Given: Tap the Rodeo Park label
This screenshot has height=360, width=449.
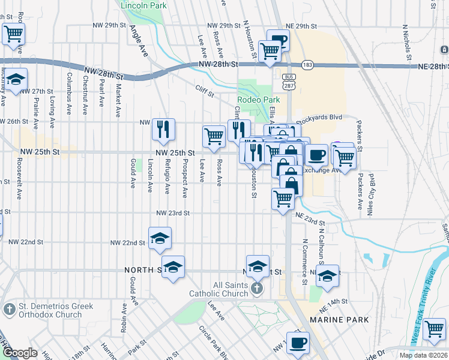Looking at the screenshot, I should [259, 100].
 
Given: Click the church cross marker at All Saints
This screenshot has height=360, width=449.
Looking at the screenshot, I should [257, 289].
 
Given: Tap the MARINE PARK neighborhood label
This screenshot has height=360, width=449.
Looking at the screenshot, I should [340, 320].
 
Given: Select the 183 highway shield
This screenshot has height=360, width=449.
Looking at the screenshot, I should [306, 64].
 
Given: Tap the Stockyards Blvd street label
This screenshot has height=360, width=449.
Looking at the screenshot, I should [318, 119].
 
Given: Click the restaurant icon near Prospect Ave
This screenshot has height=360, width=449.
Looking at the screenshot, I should [163, 128].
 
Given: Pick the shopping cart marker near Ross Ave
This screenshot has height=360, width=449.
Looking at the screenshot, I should [214, 136].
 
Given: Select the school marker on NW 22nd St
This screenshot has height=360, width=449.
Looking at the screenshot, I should [160, 238].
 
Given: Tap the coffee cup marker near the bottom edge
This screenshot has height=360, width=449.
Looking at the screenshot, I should [298, 343].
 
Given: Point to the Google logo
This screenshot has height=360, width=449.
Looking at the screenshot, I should [20, 353].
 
